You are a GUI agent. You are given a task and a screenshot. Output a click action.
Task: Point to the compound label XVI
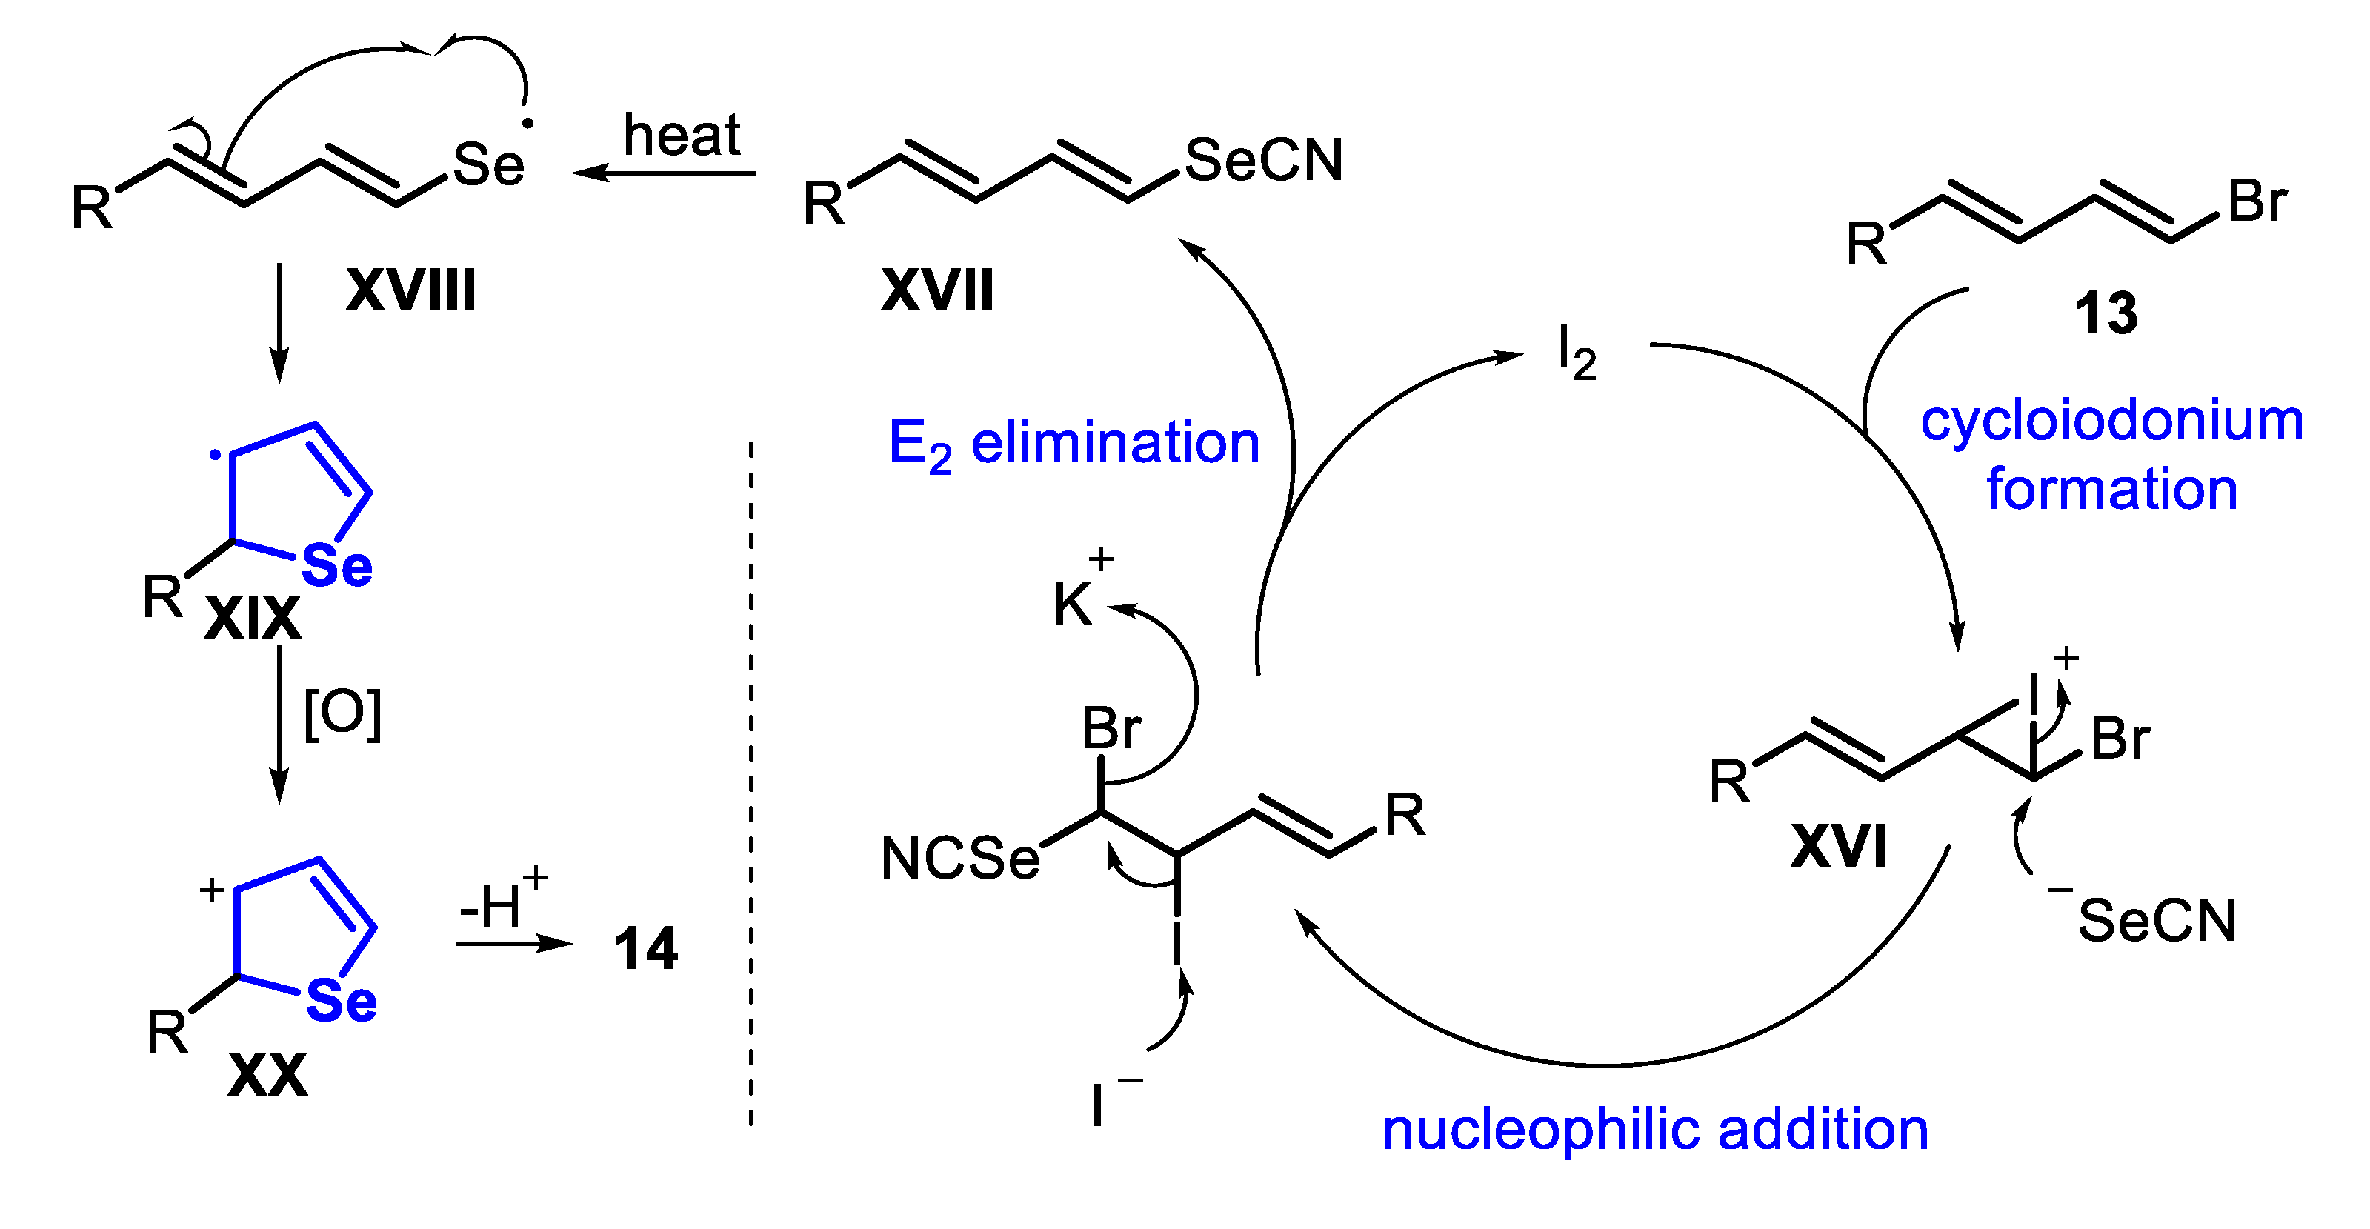point(1838,846)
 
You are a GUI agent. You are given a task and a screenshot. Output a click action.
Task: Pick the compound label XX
point(267,1074)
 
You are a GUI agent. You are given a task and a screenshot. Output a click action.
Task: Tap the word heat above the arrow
point(681,136)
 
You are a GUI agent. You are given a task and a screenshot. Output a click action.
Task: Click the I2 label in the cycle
point(1576,354)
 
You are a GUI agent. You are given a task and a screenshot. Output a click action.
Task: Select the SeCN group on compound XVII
point(1263,160)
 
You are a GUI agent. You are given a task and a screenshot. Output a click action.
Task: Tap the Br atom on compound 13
point(2256,201)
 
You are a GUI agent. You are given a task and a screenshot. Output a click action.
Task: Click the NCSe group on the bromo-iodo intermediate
point(959,859)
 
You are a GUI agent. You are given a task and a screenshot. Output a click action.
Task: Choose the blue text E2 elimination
point(1073,444)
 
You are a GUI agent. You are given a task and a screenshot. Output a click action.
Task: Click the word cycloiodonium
point(2111,422)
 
